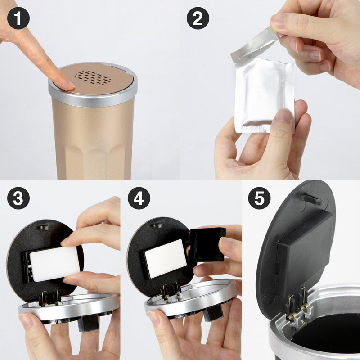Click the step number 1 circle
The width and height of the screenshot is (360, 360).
pyautogui.click(x=18, y=18)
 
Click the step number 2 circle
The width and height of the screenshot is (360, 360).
pyautogui.click(x=198, y=18)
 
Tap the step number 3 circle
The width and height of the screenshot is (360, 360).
pyautogui.click(x=18, y=198)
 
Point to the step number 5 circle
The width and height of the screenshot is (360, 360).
pyautogui.click(x=259, y=198)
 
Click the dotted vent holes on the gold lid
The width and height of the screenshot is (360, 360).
pyautogui.click(x=92, y=78)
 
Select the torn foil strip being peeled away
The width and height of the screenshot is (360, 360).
pyautogui.click(x=254, y=45)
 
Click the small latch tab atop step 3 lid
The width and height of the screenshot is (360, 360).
pyautogui.click(x=44, y=227)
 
